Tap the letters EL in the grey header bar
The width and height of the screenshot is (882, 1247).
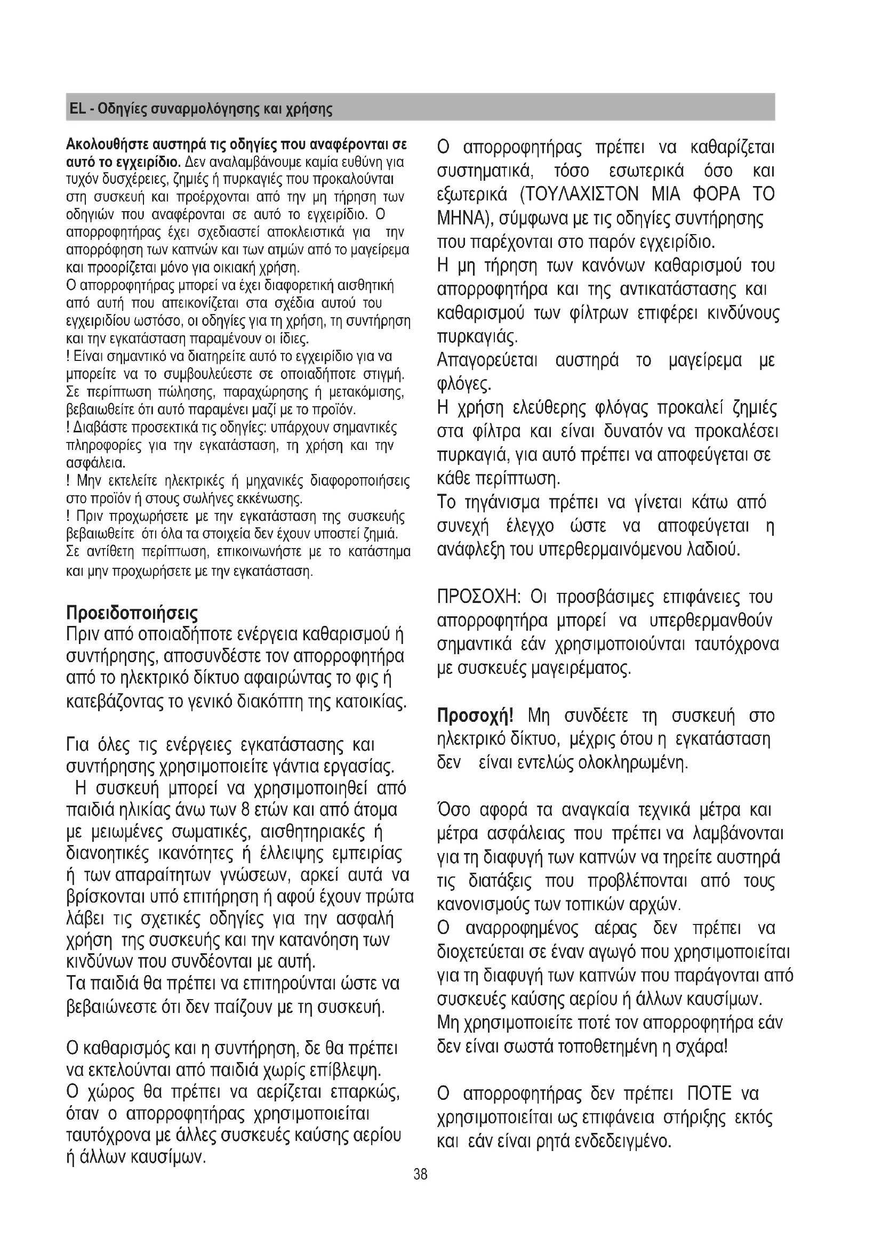(x=77, y=109)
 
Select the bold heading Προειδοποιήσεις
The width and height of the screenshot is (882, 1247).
(x=131, y=613)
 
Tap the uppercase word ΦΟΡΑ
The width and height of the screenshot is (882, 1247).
(x=714, y=195)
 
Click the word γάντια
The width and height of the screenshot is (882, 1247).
(x=316, y=767)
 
